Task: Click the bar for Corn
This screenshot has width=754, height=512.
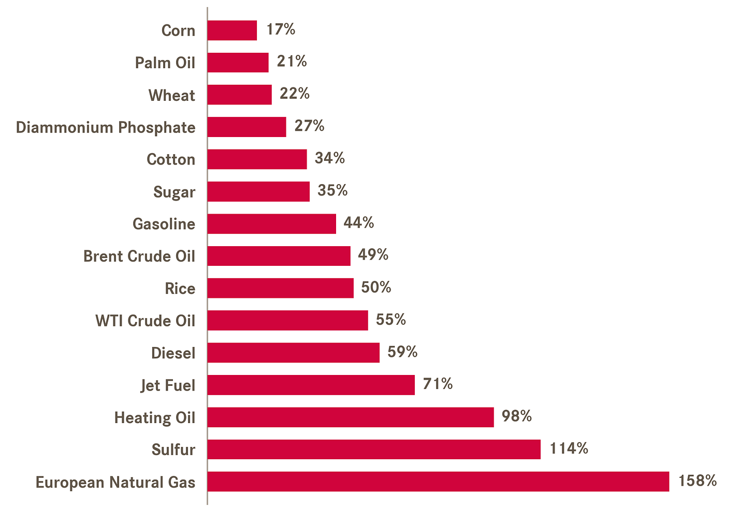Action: coord(232,31)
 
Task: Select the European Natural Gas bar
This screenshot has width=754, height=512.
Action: coord(438,481)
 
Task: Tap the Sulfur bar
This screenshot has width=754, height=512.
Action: coord(374,449)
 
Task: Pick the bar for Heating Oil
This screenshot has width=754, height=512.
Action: coord(351,417)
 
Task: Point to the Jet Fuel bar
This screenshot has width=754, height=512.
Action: coord(311,385)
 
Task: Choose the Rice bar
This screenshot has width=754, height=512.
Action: coord(281,288)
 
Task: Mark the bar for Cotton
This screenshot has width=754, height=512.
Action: coord(257,159)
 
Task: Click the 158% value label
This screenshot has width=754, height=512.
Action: coord(698,481)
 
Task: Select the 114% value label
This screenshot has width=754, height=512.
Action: coord(569,448)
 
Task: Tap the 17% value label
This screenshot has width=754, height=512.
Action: coord(281,29)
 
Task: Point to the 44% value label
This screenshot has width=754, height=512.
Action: coord(358,222)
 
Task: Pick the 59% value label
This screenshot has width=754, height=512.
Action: coord(402,352)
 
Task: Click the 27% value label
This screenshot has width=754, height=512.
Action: coord(309,126)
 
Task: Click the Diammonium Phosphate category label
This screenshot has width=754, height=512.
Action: coord(106,128)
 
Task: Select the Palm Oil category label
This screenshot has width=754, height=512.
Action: coord(165,63)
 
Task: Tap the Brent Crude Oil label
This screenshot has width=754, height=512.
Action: coord(139,256)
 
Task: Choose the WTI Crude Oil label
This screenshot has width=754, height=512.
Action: coord(145,321)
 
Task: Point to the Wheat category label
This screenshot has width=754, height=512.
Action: coord(172,95)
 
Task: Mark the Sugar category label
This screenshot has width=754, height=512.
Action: coord(175,192)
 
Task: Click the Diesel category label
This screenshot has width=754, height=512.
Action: coord(173,353)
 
